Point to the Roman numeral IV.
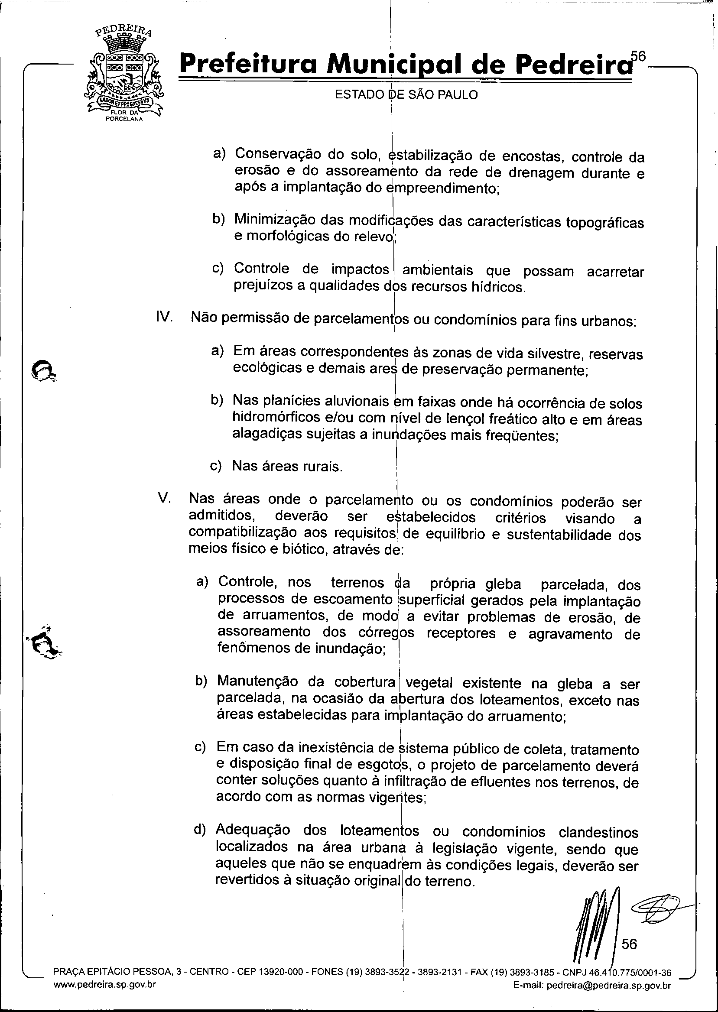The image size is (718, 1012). click(x=164, y=317)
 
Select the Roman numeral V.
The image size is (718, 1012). click(x=165, y=498)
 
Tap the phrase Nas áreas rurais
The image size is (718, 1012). click(x=287, y=467)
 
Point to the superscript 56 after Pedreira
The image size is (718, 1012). click(x=638, y=56)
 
